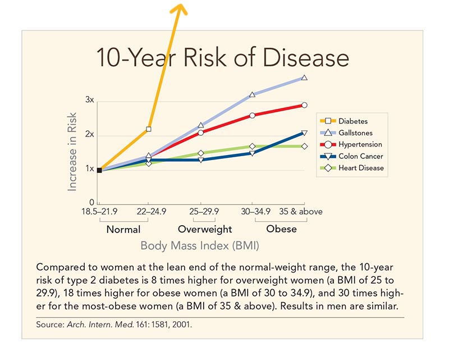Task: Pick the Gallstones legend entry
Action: click(356, 133)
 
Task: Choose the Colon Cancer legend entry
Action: click(360, 156)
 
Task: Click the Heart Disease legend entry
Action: click(360, 168)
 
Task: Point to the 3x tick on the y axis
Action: click(89, 100)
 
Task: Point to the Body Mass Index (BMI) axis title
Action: click(200, 245)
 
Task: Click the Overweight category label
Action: click(205, 229)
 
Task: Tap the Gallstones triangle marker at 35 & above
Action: click(304, 78)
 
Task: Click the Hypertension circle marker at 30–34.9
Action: click(252, 115)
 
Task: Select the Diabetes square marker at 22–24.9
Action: click(149, 129)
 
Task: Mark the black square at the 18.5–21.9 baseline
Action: click(99, 170)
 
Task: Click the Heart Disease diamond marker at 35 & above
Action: click(304, 147)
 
